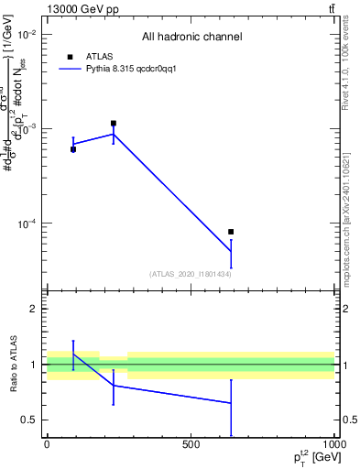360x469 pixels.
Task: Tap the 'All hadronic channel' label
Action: tap(191, 38)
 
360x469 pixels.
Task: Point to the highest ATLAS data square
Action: tap(114, 123)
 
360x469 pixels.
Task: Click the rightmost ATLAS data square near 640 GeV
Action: tap(231, 232)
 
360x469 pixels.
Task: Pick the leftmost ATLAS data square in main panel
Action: tap(73, 148)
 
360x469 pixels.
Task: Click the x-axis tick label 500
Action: tap(191, 446)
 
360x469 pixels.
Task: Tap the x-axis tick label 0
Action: tap(47, 446)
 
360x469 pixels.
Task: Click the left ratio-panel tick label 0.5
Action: tap(29, 420)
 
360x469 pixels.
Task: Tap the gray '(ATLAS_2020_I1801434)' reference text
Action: tap(190, 274)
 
